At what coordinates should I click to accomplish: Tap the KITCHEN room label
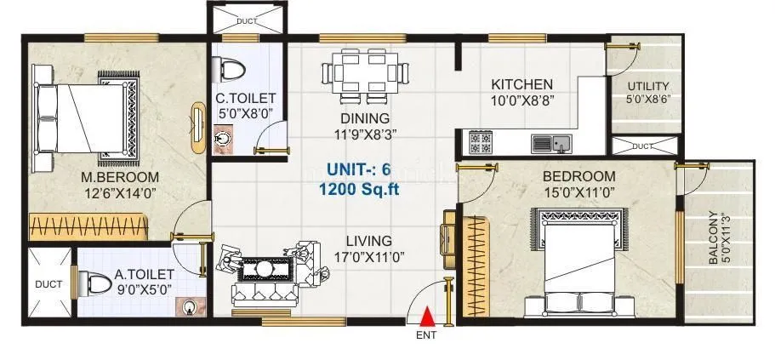click(x=521, y=84)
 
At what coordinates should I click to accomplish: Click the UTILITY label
click(x=648, y=87)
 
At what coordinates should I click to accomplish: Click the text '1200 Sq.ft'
click(x=359, y=188)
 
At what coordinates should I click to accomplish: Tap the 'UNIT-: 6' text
click(x=359, y=169)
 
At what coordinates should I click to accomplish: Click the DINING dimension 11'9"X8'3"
click(x=366, y=133)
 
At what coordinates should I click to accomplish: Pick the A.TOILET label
click(x=145, y=274)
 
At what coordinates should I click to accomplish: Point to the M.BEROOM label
click(x=121, y=177)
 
